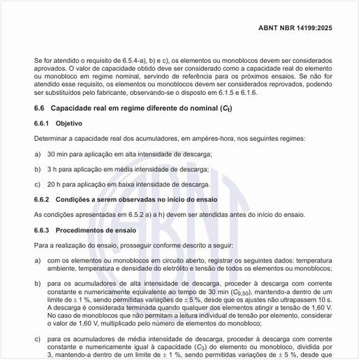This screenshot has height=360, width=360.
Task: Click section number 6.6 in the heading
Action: (39, 108)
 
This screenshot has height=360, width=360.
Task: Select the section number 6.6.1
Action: (43, 123)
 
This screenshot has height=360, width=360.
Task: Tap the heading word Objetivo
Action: (69, 123)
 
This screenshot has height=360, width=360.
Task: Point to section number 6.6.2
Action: (43, 199)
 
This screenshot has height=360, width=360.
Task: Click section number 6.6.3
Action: (43, 230)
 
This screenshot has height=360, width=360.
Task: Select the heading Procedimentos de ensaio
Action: (96, 230)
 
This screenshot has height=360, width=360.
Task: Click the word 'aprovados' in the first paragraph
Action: (50, 69)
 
